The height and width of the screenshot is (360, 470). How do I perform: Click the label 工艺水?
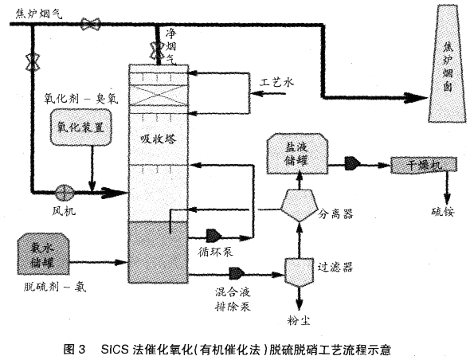coord(278,82)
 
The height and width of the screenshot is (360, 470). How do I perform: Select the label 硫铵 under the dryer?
coord(443,211)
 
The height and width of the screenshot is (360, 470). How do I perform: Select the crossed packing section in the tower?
coord(155,95)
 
